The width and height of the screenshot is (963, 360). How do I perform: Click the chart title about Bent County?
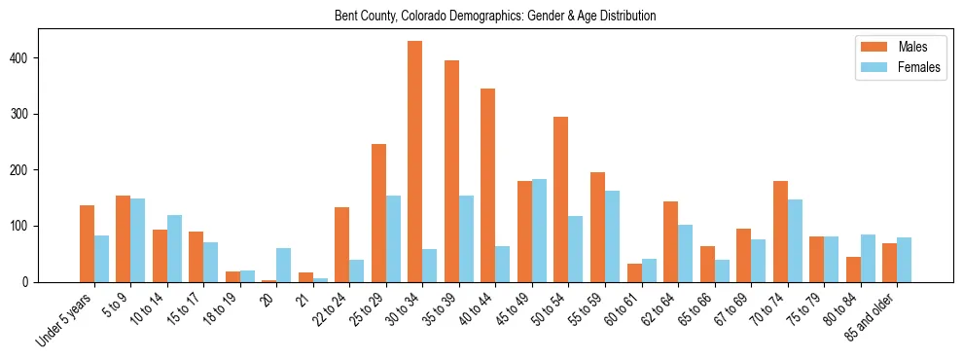click(x=495, y=16)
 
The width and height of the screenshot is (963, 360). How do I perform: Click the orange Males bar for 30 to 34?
click(x=414, y=162)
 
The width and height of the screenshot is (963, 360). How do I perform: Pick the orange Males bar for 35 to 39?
click(x=451, y=171)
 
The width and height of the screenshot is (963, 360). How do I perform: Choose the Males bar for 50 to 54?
click(x=560, y=199)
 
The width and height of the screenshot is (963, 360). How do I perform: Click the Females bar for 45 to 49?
click(x=539, y=231)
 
